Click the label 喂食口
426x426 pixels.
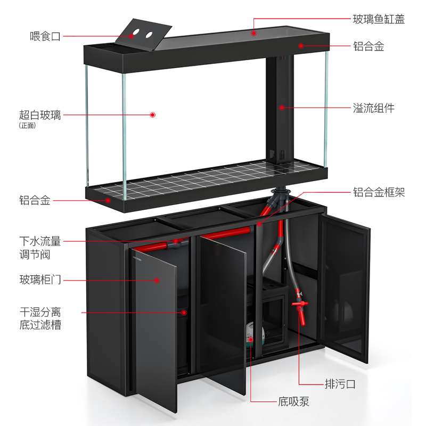point(45,37)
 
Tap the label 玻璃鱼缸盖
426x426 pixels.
point(379,20)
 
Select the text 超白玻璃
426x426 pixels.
point(40,114)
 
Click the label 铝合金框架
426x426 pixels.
point(379,192)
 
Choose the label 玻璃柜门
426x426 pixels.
point(40,279)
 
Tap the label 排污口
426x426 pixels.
point(340,383)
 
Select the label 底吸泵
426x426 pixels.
point(293,402)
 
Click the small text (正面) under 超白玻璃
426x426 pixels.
point(27,126)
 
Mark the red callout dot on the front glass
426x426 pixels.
point(152,114)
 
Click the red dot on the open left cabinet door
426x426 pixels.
point(158,279)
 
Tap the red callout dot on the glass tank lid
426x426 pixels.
point(254,33)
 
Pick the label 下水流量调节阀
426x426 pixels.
point(40,248)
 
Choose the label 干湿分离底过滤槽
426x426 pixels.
point(40,318)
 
